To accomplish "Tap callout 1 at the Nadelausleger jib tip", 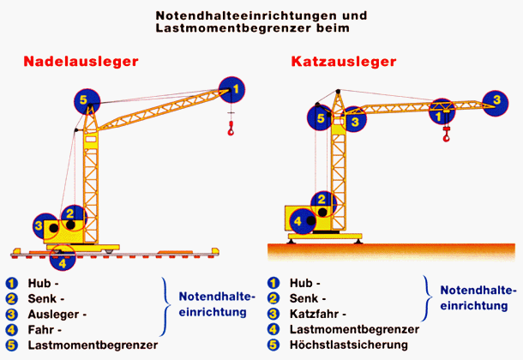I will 232,87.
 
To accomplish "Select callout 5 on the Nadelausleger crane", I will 84,101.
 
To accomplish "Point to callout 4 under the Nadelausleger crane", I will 63,255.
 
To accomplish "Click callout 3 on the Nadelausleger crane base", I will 39,227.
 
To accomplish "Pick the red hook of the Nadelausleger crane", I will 231,129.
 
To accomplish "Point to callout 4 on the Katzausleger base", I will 298,220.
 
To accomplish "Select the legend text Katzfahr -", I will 317,314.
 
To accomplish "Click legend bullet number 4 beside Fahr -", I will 12,329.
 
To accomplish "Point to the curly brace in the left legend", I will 165,306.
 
